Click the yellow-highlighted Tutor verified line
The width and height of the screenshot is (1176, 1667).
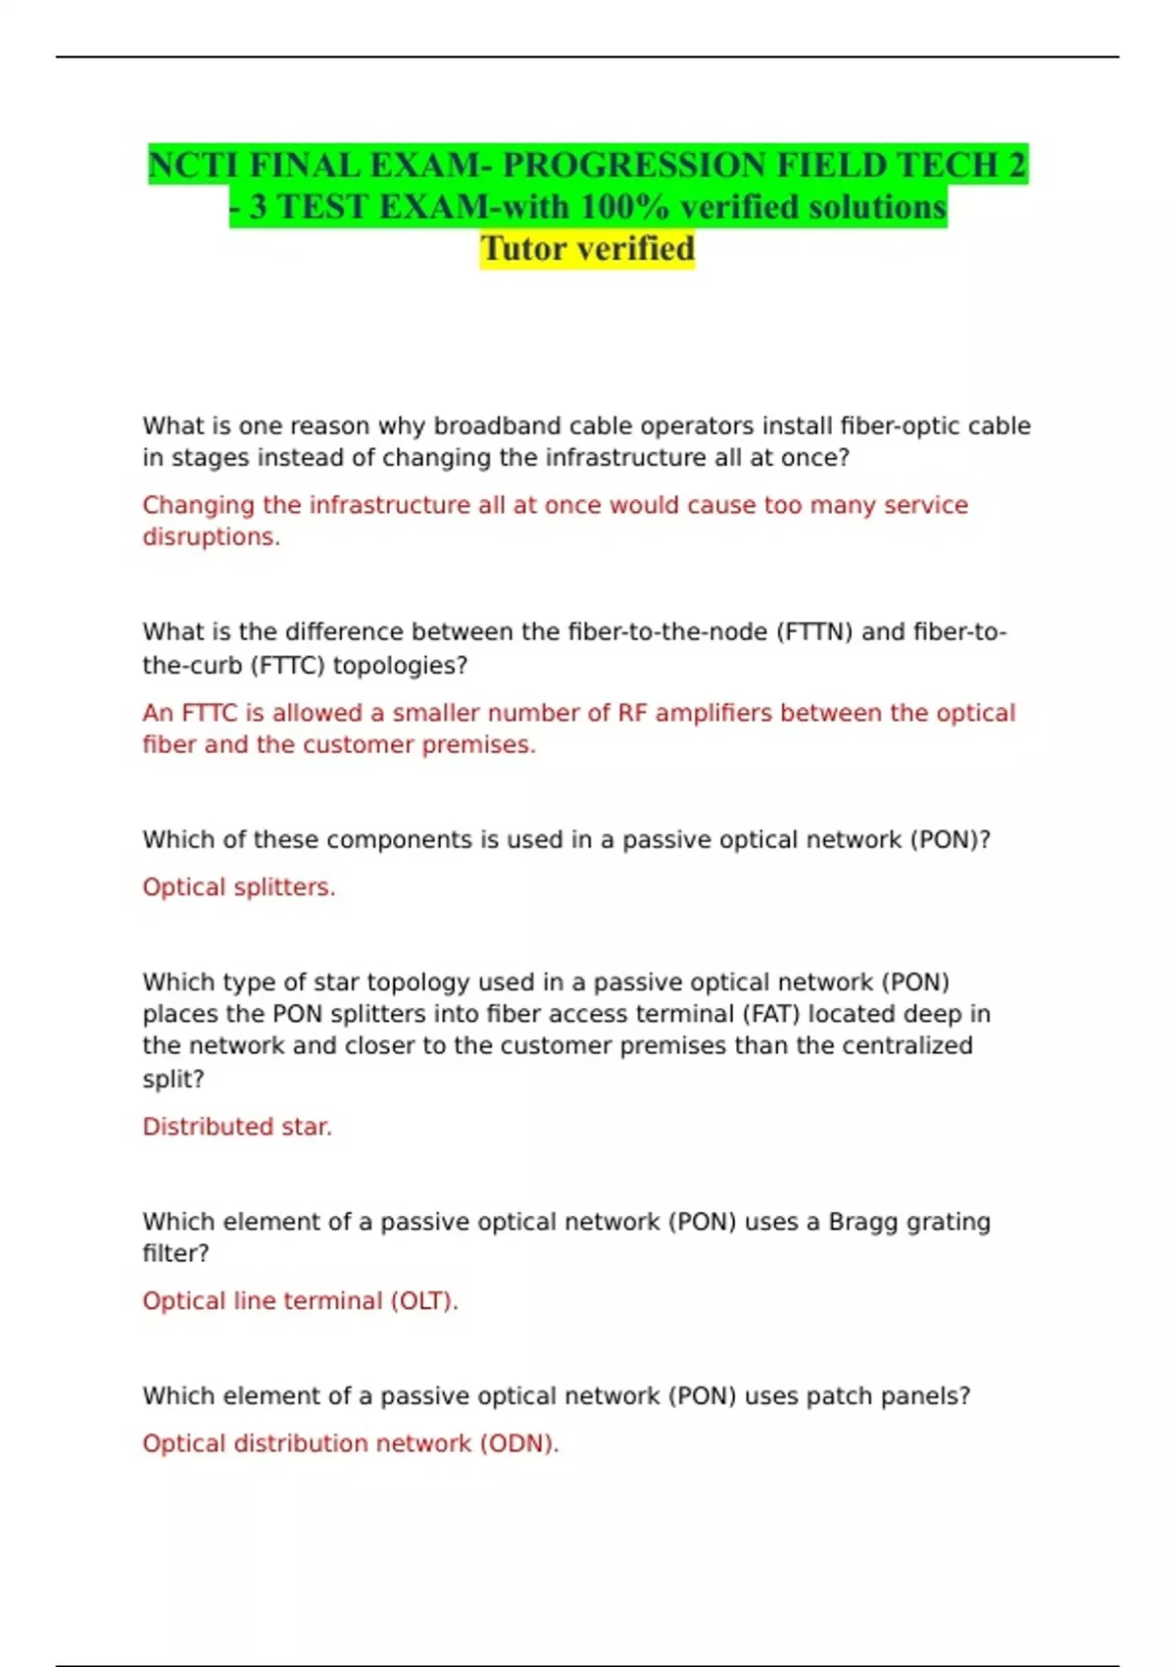coord(587,249)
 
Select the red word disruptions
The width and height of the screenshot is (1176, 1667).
coord(211,537)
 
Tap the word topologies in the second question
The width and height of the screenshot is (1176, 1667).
coord(400,666)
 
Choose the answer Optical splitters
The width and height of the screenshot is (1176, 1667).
coord(238,887)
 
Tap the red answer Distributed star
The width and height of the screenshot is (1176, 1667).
coord(237,1127)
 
